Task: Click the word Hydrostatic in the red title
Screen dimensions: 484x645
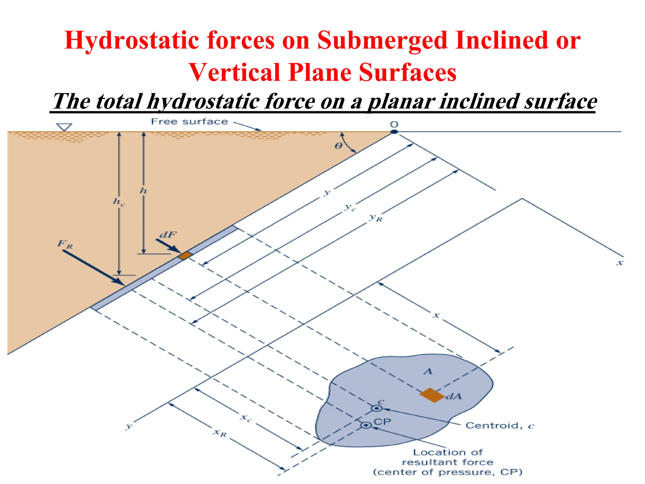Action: (132, 41)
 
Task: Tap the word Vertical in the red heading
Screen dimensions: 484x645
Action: (234, 73)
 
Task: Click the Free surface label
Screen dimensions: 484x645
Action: (189, 122)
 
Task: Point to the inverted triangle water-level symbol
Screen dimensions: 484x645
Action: (64, 127)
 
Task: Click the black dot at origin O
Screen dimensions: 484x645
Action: (394, 132)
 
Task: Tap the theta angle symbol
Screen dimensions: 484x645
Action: (338, 146)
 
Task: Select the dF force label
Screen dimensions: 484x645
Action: (168, 235)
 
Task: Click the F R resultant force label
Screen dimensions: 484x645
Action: (65, 244)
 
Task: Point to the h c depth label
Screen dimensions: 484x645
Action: (119, 202)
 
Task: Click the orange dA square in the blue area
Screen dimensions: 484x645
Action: (432, 395)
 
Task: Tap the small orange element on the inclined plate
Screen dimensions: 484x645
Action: (185, 255)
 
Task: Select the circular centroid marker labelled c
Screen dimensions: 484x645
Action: (376, 408)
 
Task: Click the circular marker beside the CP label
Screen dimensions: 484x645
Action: (366, 425)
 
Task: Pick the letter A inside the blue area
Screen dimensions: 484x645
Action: (428, 372)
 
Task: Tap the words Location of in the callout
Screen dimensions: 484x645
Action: (448, 452)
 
